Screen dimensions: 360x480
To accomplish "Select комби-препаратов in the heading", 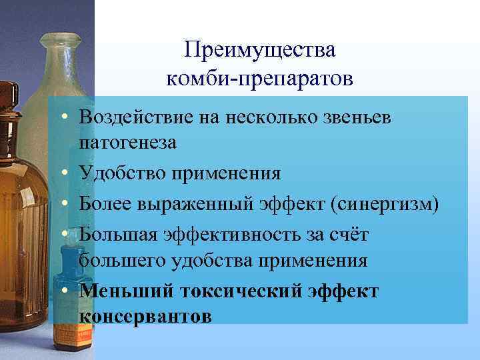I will click(261, 79).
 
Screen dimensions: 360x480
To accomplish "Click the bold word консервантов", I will click(145, 316).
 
